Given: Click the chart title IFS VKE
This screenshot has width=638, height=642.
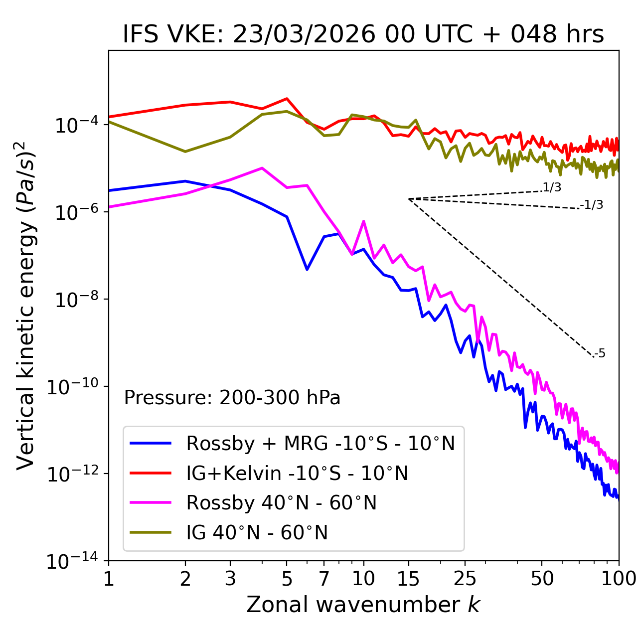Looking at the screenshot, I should coord(363,34).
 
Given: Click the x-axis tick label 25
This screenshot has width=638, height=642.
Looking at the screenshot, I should coord(465,579).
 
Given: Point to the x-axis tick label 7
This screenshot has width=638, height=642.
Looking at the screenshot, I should coord(324,579).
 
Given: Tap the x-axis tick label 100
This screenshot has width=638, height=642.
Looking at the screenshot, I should coord(618,579).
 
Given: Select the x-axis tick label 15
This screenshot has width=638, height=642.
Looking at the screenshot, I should coord(408,579).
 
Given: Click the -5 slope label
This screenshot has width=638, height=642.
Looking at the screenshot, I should coord(600,353).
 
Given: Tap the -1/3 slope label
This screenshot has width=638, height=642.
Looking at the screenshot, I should coord(592,205).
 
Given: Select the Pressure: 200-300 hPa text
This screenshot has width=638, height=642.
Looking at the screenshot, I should coord(232,398).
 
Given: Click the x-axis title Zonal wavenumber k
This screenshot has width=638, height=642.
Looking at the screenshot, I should coord(363,605).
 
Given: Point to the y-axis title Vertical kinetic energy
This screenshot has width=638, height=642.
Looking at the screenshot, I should coord(26,306).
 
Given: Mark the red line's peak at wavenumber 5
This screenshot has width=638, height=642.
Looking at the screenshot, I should coord(287,99).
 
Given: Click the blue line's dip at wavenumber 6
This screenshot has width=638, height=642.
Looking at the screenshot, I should coord(307,269).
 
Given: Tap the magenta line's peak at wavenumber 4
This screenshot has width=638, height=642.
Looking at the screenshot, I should coord(262,168).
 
